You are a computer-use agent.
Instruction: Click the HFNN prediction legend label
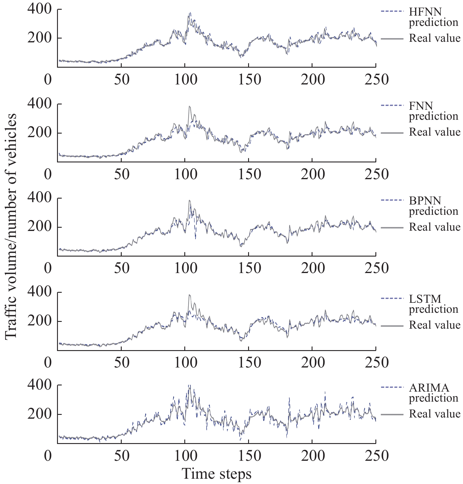(433, 17)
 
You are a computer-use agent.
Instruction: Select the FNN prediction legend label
(433, 111)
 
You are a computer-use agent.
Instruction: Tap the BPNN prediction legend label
(433, 206)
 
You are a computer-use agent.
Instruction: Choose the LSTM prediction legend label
(433, 304)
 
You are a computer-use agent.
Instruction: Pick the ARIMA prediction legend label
(433, 393)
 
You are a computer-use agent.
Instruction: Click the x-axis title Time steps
(217, 474)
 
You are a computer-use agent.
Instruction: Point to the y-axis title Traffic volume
(11, 227)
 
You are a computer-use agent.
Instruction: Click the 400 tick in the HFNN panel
(39, 9)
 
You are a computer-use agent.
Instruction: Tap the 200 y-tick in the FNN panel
(39, 133)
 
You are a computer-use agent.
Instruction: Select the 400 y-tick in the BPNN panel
(39, 198)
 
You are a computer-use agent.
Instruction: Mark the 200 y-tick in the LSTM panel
(39, 321)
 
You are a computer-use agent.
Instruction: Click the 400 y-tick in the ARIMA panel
(39, 385)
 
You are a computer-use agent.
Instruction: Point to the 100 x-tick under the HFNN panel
(185, 79)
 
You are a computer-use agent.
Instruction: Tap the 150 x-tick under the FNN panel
(249, 174)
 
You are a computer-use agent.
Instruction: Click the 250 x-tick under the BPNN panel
(377, 268)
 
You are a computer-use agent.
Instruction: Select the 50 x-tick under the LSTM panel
(121, 362)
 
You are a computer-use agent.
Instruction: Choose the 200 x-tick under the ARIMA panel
(313, 456)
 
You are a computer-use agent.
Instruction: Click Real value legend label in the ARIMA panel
(434, 414)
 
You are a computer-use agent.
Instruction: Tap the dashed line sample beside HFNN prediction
(392, 11)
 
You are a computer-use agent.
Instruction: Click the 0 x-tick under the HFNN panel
(48, 79)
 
